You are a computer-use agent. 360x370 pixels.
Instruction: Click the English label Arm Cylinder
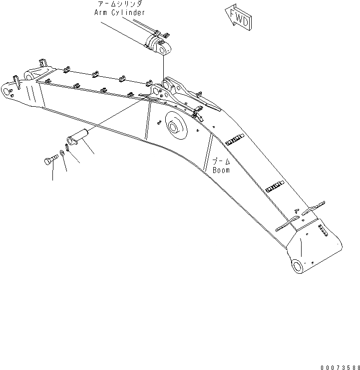tap(120, 12)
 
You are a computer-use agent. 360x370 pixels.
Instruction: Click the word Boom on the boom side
tap(221, 170)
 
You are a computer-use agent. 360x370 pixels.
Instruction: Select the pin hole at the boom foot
tap(297, 266)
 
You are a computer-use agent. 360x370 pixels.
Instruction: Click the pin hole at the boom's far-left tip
tap(7, 92)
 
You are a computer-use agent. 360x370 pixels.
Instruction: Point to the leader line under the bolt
tap(52, 172)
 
